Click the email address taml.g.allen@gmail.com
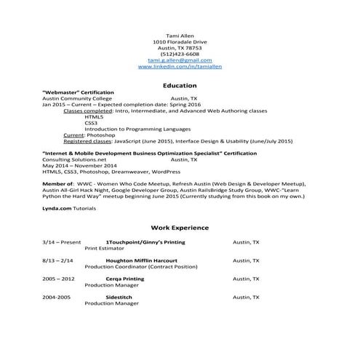(180, 60)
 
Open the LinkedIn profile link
(180, 66)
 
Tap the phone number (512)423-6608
(180, 54)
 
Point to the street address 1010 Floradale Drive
(180, 42)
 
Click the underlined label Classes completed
(85, 111)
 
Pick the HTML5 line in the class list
(94, 116)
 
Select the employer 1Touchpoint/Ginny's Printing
(145, 241)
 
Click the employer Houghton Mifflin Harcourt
(142, 260)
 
